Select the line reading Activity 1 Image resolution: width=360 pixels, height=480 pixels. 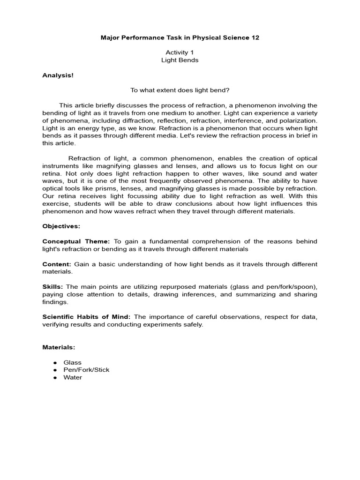coord(180,53)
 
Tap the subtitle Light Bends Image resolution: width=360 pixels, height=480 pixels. coord(180,60)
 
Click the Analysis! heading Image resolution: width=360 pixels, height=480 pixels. coord(58,75)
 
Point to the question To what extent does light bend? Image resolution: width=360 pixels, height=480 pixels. coord(180,90)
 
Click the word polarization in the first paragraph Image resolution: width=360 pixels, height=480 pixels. coord(299,120)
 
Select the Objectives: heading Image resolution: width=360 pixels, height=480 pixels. coord(61,226)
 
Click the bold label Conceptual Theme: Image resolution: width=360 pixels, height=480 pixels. coord(76,241)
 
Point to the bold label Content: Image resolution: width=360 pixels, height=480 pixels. coord(57,264)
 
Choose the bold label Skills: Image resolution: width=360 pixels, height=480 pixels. coord(53,287)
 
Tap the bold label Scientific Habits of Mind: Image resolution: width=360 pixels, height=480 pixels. coord(88,317)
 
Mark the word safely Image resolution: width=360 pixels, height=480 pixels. coord(193,325)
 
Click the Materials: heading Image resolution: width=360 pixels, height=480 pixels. coord(59,347)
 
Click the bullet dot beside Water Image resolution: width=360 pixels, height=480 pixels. coord(55,377)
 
